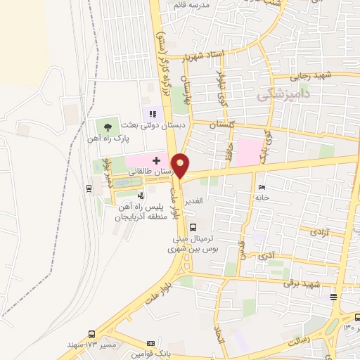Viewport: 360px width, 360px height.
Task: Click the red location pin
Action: click(181, 165)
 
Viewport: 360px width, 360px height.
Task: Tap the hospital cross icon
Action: click(155, 160)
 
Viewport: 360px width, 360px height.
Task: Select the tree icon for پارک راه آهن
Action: click(108, 127)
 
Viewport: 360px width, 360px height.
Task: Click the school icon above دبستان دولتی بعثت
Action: click(151, 112)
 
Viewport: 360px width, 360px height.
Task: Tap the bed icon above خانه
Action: click(262, 187)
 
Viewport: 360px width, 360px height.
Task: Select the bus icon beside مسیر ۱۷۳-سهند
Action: click(91, 334)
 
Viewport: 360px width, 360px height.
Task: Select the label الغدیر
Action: click(194, 201)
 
